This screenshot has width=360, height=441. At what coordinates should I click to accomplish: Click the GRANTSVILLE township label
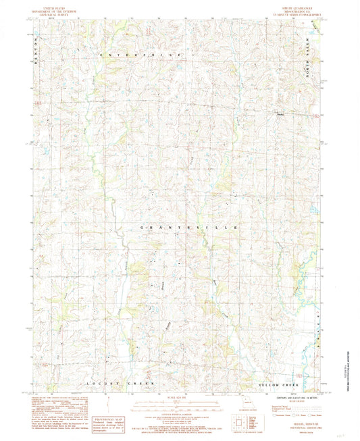188,229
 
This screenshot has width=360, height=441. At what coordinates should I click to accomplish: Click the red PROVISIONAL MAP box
111,421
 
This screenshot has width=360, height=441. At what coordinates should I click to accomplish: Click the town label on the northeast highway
279,113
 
